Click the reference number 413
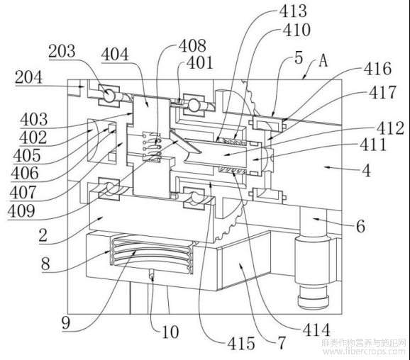point(293,11)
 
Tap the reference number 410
point(297,30)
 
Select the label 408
point(192,46)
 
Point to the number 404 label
point(115,55)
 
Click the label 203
point(62,51)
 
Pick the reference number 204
point(29,77)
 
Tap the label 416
point(378,69)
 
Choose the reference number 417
point(383,92)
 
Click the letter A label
point(323,62)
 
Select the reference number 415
point(241,343)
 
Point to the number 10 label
point(170,332)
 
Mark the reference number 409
point(21,211)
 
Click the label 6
point(360,226)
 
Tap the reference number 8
point(45,264)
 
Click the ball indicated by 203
point(109,96)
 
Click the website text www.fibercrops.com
point(364,351)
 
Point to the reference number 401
point(200,63)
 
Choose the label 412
point(390,128)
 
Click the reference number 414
point(316,330)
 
